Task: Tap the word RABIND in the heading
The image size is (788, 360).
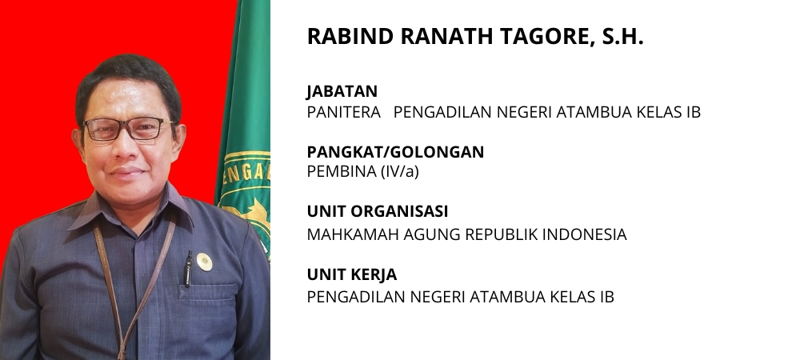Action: click(350, 36)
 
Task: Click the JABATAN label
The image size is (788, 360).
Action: click(342, 91)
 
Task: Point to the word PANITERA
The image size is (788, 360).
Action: click(344, 112)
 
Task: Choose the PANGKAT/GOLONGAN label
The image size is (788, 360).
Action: click(395, 152)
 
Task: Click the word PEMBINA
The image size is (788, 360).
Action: click(342, 171)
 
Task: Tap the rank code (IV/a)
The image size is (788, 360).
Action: click(399, 171)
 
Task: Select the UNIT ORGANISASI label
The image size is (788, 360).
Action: click(377, 211)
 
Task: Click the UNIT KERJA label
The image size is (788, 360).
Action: click(352, 274)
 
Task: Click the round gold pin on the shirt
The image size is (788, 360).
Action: click(204, 262)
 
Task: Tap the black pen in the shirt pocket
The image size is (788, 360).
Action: click(188, 269)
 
